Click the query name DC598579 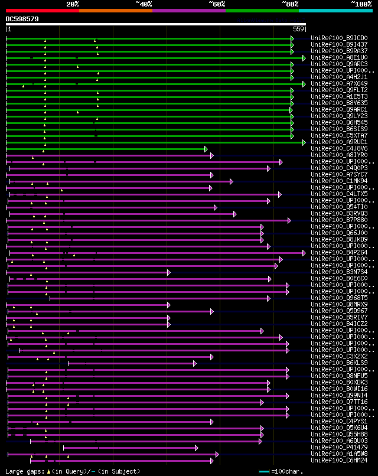(x=22, y=19)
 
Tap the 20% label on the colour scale (x=73, y=4)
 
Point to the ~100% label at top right (x=361, y=4)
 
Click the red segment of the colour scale (x=42, y=11)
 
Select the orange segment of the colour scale (x=115, y=11)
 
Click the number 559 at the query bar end (x=299, y=29)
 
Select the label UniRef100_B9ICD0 (x=340, y=38)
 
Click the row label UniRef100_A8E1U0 (x=340, y=58)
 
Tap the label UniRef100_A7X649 (x=340, y=84)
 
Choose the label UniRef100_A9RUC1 (x=340, y=142)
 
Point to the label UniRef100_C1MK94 (x=340, y=181)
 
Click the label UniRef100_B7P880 (x=340, y=220)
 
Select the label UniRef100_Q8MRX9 (x=340, y=305)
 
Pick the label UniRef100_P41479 (x=340, y=448)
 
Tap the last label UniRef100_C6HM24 (x=340, y=461)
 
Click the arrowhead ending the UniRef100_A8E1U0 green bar (x=304, y=58)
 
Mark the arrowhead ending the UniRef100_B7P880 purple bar (x=289, y=220)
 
